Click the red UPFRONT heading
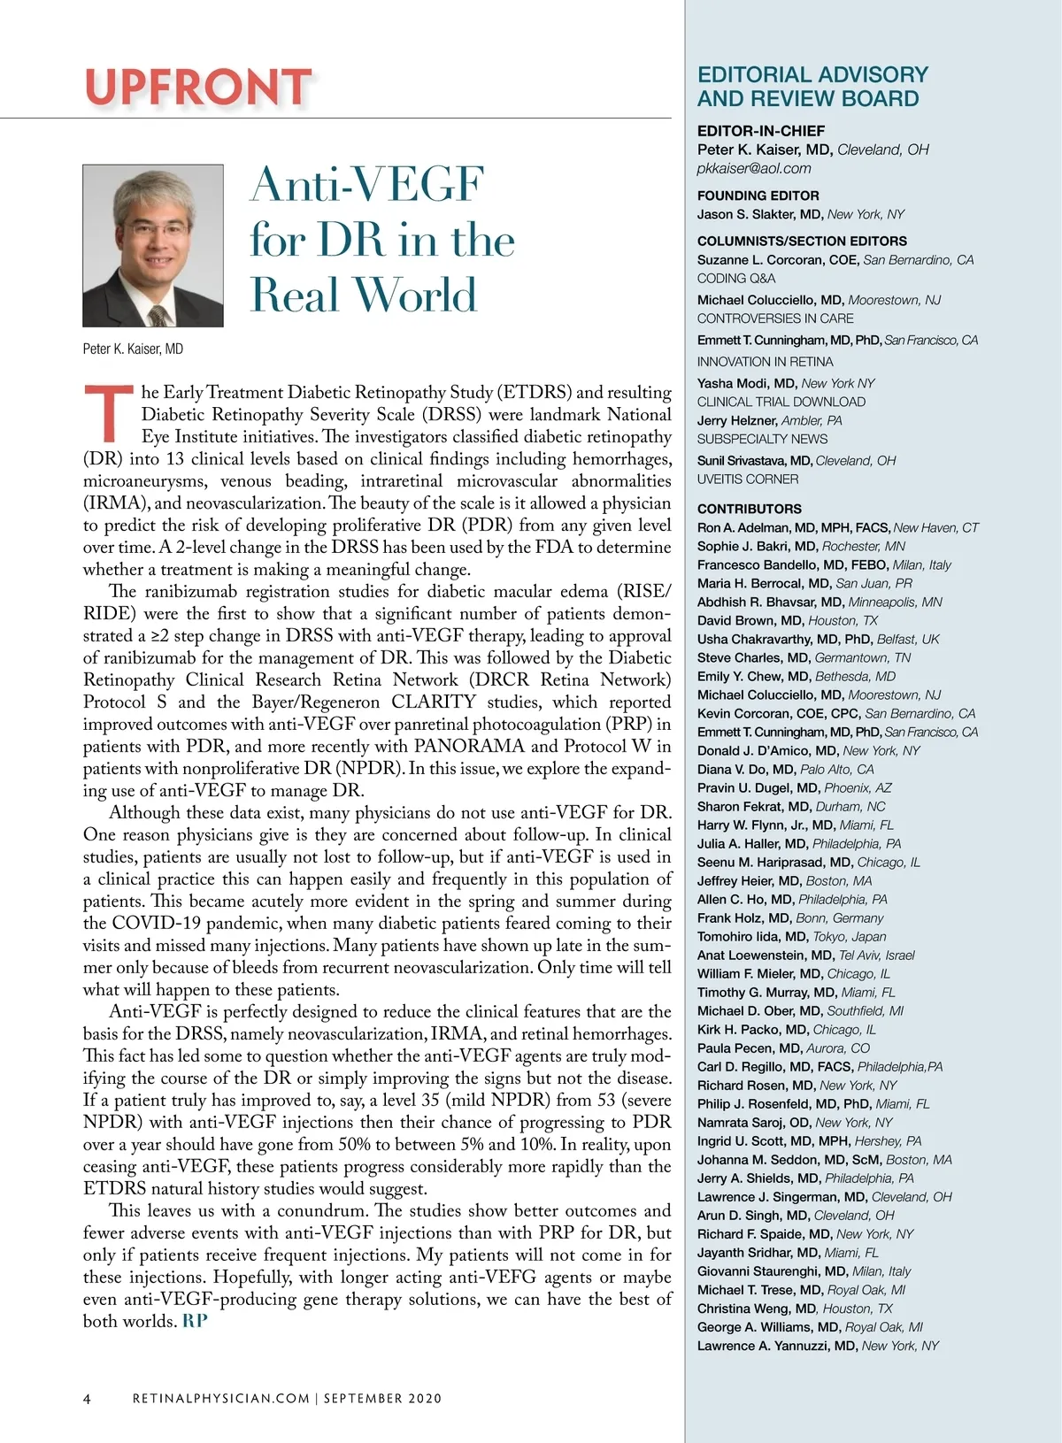click(x=198, y=87)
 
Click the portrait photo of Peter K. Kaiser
click(x=153, y=245)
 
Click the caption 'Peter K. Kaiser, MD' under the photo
click(x=133, y=349)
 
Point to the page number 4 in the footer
click(x=87, y=1399)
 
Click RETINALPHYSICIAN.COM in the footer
click(x=221, y=1399)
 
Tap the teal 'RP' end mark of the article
click(x=196, y=1321)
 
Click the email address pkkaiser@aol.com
click(x=754, y=168)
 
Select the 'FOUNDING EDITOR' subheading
click(x=758, y=196)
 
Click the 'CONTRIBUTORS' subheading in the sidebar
click(x=750, y=509)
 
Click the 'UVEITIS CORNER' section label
click(x=748, y=479)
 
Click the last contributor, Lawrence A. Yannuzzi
click(x=777, y=1346)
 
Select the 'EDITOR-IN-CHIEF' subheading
click(x=761, y=130)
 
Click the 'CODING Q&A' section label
click(x=736, y=278)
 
